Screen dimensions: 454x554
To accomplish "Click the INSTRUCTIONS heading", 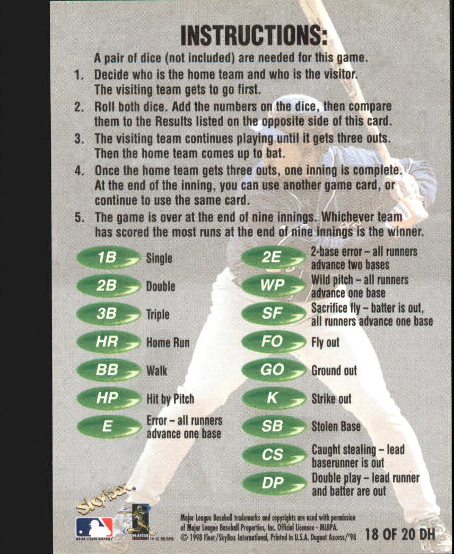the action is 254,36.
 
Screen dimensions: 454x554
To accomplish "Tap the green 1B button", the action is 109,258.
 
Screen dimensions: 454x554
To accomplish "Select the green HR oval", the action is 109,342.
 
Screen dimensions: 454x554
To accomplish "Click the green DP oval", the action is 274,483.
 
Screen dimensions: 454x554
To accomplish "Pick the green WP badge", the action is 274,285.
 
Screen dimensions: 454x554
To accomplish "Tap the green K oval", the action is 274,398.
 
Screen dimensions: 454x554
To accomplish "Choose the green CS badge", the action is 274,455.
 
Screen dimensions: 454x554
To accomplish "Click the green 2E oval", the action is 274,258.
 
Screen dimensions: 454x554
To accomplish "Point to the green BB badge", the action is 109,370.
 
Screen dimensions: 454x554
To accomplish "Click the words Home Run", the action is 168,343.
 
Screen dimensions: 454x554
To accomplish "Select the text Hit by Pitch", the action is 170,399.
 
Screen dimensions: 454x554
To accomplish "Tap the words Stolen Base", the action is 336,427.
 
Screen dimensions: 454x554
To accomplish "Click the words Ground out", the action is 334,370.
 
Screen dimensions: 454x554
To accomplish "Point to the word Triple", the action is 158,314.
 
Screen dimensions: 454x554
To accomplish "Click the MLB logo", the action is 94,527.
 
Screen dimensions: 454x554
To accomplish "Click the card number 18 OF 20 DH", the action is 400,534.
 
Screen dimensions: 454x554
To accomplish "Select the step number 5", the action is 78,217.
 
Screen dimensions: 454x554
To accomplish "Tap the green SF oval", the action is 274,314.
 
